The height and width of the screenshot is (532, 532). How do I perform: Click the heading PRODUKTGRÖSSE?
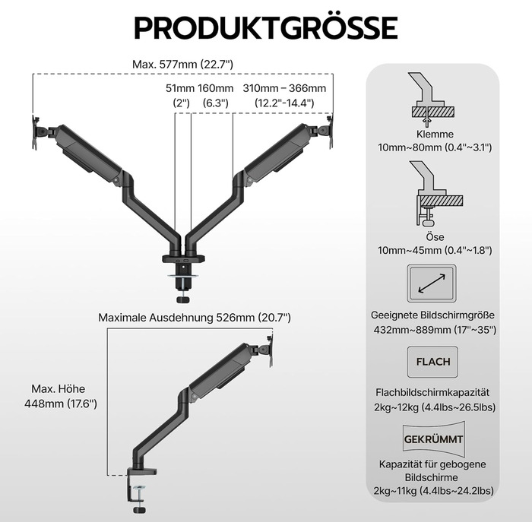coord(266,27)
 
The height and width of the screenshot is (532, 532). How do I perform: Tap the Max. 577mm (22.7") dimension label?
coord(182,64)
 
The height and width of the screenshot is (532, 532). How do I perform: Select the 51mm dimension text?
coord(180,88)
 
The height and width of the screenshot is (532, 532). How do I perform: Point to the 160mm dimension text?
coord(216,88)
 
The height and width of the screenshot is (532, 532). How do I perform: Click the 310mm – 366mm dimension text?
coord(284,88)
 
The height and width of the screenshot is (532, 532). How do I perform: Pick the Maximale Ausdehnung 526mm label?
coord(195,318)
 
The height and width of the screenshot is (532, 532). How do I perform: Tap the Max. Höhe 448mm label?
coord(60,396)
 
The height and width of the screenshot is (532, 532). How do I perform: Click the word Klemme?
coord(435,134)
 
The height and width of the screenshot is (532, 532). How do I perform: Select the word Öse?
coord(435,237)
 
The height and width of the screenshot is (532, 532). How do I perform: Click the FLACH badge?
coord(433,362)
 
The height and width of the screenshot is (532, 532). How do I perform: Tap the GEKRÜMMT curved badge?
coord(434,439)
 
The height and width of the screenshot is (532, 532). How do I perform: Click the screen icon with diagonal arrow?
coord(432,283)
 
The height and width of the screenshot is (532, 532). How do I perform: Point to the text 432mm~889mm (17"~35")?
coord(435,330)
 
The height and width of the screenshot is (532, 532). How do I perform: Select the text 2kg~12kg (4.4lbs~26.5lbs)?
coord(435,407)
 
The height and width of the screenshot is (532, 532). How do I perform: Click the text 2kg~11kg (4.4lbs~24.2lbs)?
coord(434,491)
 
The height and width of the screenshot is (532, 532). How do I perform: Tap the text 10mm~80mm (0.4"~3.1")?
coord(435,147)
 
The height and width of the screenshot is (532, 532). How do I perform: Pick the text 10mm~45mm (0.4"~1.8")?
coord(435,250)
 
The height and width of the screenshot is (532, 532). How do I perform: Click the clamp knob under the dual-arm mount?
coord(183,300)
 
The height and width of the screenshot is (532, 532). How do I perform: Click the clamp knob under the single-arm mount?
coord(139,510)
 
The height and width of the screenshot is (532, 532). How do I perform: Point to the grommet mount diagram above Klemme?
coord(431,99)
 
